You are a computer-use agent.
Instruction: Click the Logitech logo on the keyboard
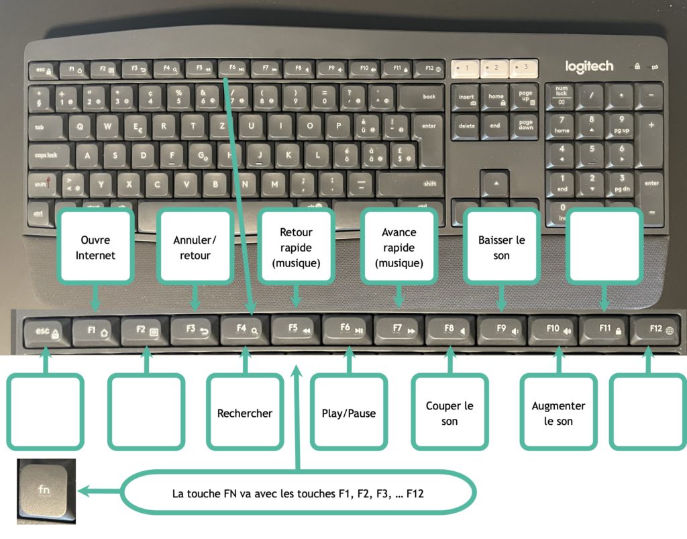point(589,66)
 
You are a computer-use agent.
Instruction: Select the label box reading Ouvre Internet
point(95,247)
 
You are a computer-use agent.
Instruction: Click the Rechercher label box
point(245,412)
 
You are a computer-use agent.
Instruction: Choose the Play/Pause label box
point(348,412)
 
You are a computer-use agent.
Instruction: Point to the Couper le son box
point(450,412)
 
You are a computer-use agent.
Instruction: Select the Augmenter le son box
point(558,412)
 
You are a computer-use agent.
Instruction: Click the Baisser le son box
point(503,247)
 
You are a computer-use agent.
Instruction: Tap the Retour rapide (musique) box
point(296,247)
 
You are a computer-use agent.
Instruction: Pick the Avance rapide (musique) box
point(399,247)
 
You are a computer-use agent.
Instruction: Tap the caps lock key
point(48,155)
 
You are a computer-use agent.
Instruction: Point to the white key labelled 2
point(496,68)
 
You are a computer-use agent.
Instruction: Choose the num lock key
point(562,96)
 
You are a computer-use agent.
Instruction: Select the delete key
point(467,126)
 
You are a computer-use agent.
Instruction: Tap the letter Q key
point(81,126)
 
